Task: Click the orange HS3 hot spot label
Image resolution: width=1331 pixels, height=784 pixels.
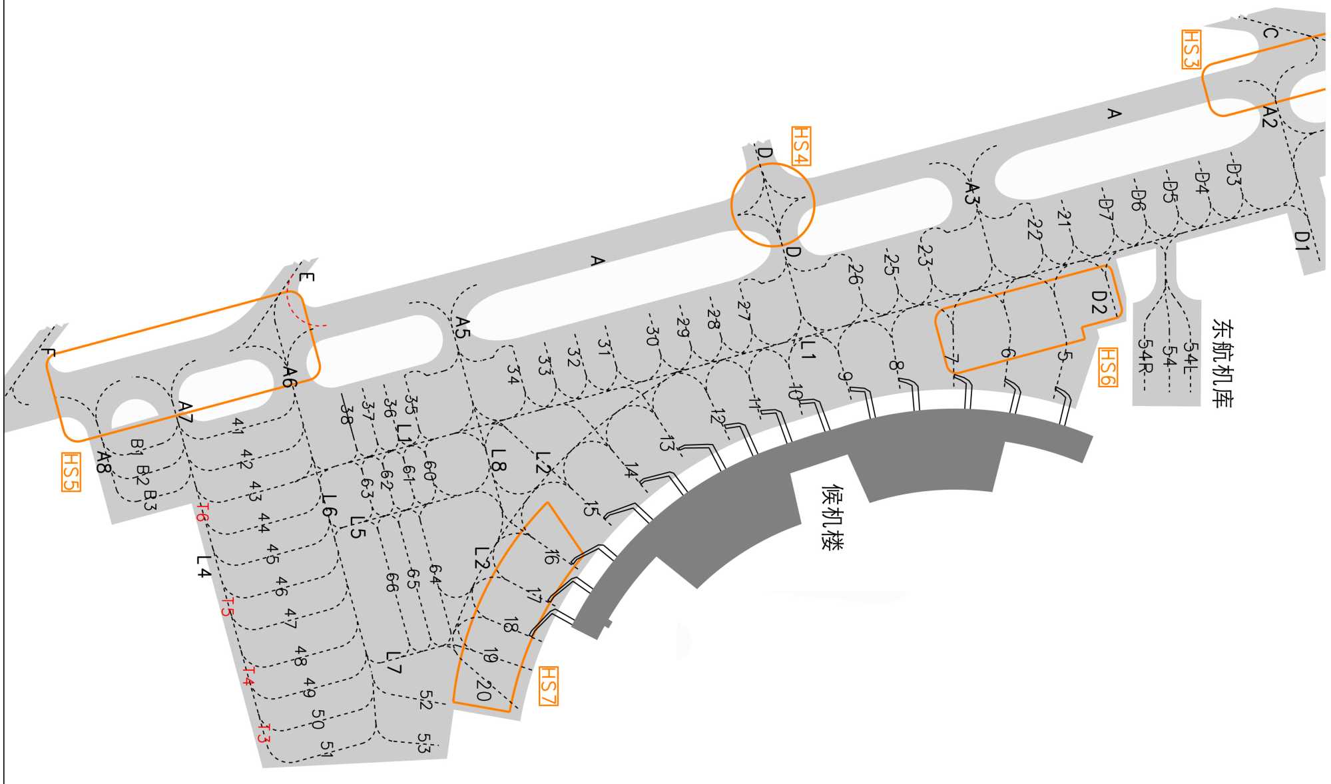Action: click(1191, 49)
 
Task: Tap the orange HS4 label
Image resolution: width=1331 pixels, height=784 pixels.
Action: click(801, 146)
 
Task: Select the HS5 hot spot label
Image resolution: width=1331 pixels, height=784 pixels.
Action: click(71, 472)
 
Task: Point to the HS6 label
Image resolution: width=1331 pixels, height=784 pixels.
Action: click(1107, 367)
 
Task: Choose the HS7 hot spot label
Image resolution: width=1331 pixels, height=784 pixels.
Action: click(548, 686)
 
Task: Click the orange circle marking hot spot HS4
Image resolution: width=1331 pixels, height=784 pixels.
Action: click(772, 205)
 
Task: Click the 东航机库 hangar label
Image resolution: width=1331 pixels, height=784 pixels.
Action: click(1222, 363)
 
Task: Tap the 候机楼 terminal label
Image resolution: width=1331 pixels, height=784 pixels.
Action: click(832, 517)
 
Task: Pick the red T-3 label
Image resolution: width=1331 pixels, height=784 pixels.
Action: click(264, 734)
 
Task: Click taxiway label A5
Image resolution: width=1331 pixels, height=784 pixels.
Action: click(462, 327)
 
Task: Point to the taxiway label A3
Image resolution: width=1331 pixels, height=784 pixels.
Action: click(973, 193)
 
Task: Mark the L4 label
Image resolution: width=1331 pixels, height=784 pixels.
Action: click(204, 566)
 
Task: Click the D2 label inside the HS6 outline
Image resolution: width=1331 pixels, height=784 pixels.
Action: click(1098, 302)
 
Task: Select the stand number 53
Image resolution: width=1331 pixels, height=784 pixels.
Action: click(424, 743)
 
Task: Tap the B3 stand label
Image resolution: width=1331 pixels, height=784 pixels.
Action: click(150, 500)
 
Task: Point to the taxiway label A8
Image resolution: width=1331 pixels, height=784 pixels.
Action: click(103, 462)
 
